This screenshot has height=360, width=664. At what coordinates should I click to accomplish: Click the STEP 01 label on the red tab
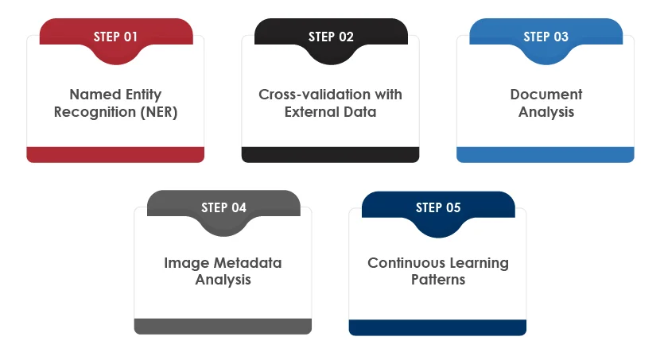pyautogui.click(x=115, y=37)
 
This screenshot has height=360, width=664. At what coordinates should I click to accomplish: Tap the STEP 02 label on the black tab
pyautogui.click(x=331, y=37)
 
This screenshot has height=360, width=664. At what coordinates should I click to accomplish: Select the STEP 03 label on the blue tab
pyautogui.click(x=546, y=37)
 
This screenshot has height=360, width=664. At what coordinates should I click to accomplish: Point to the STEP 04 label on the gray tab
pyautogui.click(x=223, y=207)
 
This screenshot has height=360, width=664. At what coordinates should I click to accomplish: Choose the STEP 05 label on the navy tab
pyautogui.click(x=438, y=207)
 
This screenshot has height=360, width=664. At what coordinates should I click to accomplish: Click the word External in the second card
pyautogui.click(x=312, y=112)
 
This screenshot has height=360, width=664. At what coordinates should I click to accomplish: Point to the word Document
pyautogui.click(x=546, y=95)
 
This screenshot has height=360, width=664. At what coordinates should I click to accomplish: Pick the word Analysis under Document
pyautogui.click(x=546, y=113)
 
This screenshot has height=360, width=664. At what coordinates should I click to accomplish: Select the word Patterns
pyautogui.click(x=438, y=280)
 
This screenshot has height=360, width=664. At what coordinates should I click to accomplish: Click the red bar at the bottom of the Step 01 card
pyautogui.click(x=115, y=155)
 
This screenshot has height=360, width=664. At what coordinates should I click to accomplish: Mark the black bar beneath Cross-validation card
pyautogui.click(x=330, y=155)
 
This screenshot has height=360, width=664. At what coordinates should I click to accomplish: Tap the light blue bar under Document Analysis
pyautogui.click(x=546, y=155)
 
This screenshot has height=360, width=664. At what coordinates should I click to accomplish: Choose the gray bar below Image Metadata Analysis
pyautogui.click(x=223, y=327)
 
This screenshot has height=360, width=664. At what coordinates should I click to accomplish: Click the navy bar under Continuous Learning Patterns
pyautogui.click(x=437, y=328)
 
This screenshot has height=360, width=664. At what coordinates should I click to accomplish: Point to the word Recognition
pyautogui.click(x=95, y=113)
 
